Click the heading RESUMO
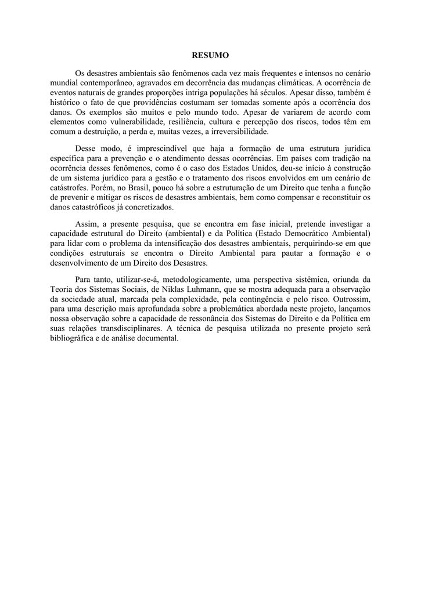pos(210,55)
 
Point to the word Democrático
pos(305,233)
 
